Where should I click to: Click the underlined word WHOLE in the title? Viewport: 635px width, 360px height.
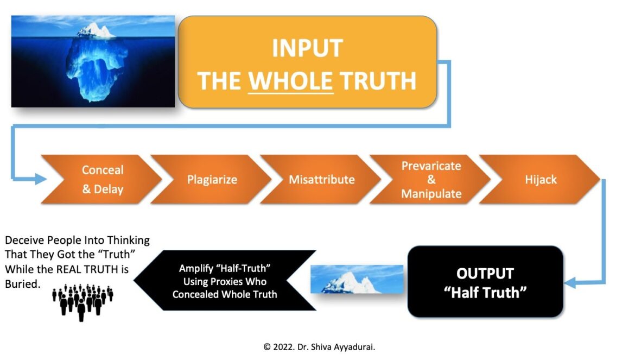click(291, 80)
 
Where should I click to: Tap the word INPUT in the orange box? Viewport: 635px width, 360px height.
click(307, 48)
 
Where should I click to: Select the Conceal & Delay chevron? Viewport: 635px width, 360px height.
click(101, 179)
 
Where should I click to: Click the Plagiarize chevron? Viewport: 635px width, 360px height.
click(211, 179)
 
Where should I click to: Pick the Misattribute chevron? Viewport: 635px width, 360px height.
click(321, 179)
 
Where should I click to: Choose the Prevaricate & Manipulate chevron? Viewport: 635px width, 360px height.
click(430, 179)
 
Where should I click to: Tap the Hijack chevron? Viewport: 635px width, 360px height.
click(539, 179)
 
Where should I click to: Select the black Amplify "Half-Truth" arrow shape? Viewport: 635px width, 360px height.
click(225, 281)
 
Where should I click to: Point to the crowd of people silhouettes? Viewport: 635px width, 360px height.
click(82, 302)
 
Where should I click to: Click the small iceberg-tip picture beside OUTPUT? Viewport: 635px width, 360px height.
click(357, 279)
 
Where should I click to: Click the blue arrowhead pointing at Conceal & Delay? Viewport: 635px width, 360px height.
click(41, 179)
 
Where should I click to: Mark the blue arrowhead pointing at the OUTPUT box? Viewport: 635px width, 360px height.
click(570, 282)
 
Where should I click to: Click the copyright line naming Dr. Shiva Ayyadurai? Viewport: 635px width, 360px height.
click(319, 347)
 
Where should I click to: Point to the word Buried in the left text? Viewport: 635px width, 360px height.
click(23, 284)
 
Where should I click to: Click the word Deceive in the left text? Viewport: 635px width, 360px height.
click(24, 240)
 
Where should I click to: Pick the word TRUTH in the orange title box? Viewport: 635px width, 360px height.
click(378, 80)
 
